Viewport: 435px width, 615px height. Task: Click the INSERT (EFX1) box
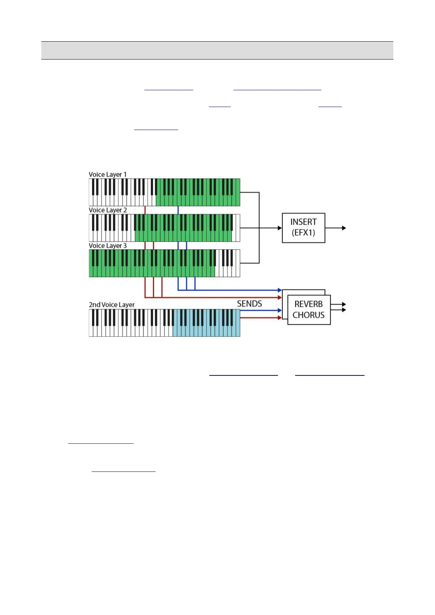[x=303, y=228]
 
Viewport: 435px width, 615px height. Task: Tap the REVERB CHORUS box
[x=309, y=310]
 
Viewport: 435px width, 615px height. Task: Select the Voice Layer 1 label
[x=108, y=175]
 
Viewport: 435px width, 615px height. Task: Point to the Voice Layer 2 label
[x=108, y=210]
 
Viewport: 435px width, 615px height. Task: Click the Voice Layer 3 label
[x=108, y=245]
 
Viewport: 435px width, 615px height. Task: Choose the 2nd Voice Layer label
[x=111, y=305]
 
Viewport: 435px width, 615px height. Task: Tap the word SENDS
[x=249, y=304]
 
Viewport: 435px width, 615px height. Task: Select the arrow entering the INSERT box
[x=270, y=228]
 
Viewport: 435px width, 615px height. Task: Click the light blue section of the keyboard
[x=206, y=323]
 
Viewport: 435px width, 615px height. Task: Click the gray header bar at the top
[x=217, y=50]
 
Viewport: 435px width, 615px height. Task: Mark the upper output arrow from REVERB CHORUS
[x=339, y=304]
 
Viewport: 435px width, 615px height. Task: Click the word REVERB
[x=309, y=304]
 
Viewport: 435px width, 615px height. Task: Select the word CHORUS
[x=309, y=315]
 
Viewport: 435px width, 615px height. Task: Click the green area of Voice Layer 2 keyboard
[x=183, y=228]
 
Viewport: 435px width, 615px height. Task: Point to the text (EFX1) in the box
[x=303, y=233]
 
